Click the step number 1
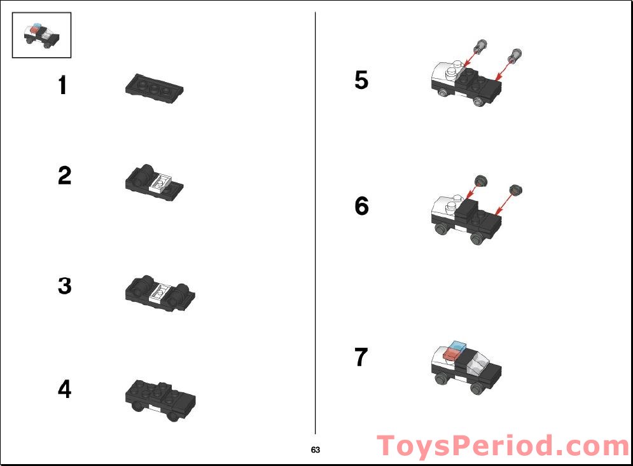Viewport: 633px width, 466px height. coord(62,85)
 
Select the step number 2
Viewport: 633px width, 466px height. coord(64,175)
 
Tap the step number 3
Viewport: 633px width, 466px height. coord(64,286)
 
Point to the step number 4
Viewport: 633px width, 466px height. coord(64,389)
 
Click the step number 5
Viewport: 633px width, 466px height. coord(361,81)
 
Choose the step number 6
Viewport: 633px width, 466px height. coord(361,206)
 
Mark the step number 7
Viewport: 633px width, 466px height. coord(361,357)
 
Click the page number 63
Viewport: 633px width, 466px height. coord(316,450)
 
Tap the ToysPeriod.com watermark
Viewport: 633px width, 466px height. coord(503,446)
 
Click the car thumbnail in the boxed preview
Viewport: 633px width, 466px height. coord(41,35)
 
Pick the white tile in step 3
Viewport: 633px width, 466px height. coord(160,293)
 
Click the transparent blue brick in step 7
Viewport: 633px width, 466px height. coord(457,346)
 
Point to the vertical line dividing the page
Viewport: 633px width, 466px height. coord(316,223)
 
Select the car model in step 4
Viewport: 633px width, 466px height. coord(160,399)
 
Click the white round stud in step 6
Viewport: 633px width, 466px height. coord(452,205)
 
